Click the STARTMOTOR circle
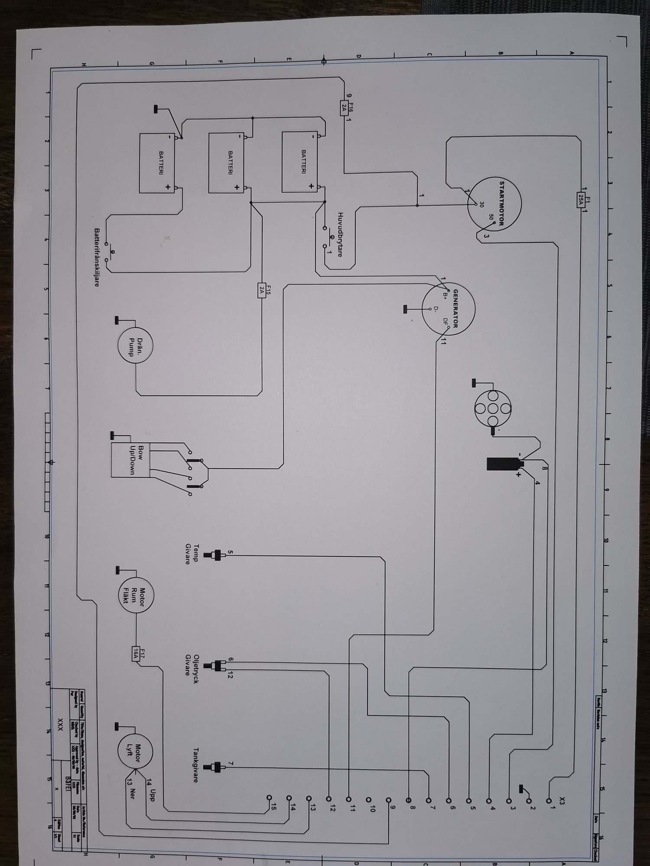[494, 204]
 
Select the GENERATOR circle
[448, 309]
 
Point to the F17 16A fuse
[136, 662]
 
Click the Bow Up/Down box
[130, 459]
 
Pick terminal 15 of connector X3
[269, 797]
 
